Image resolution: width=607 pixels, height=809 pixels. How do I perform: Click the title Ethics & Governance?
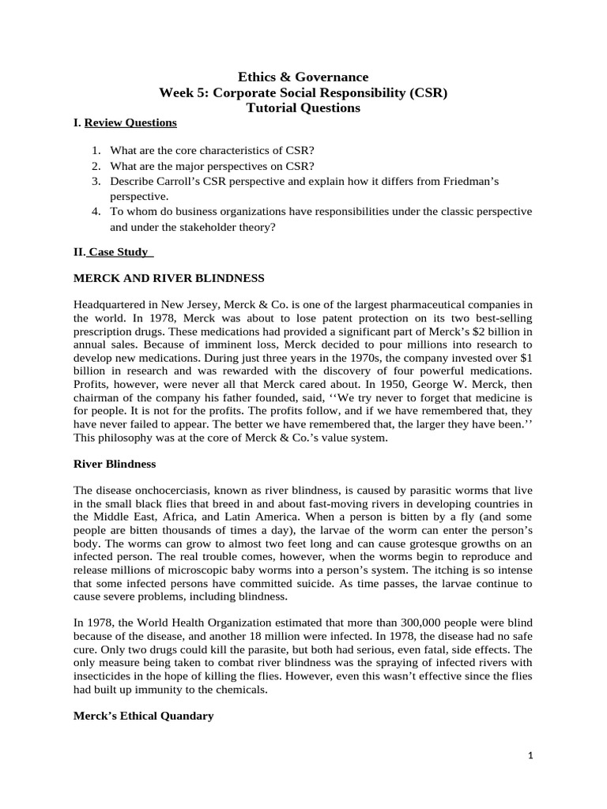(303, 77)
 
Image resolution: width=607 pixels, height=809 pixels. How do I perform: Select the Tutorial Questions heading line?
(303, 107)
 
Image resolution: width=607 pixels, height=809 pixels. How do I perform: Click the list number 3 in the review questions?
(95, 181)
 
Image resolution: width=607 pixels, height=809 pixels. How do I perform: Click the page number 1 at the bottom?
(531, 755)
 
